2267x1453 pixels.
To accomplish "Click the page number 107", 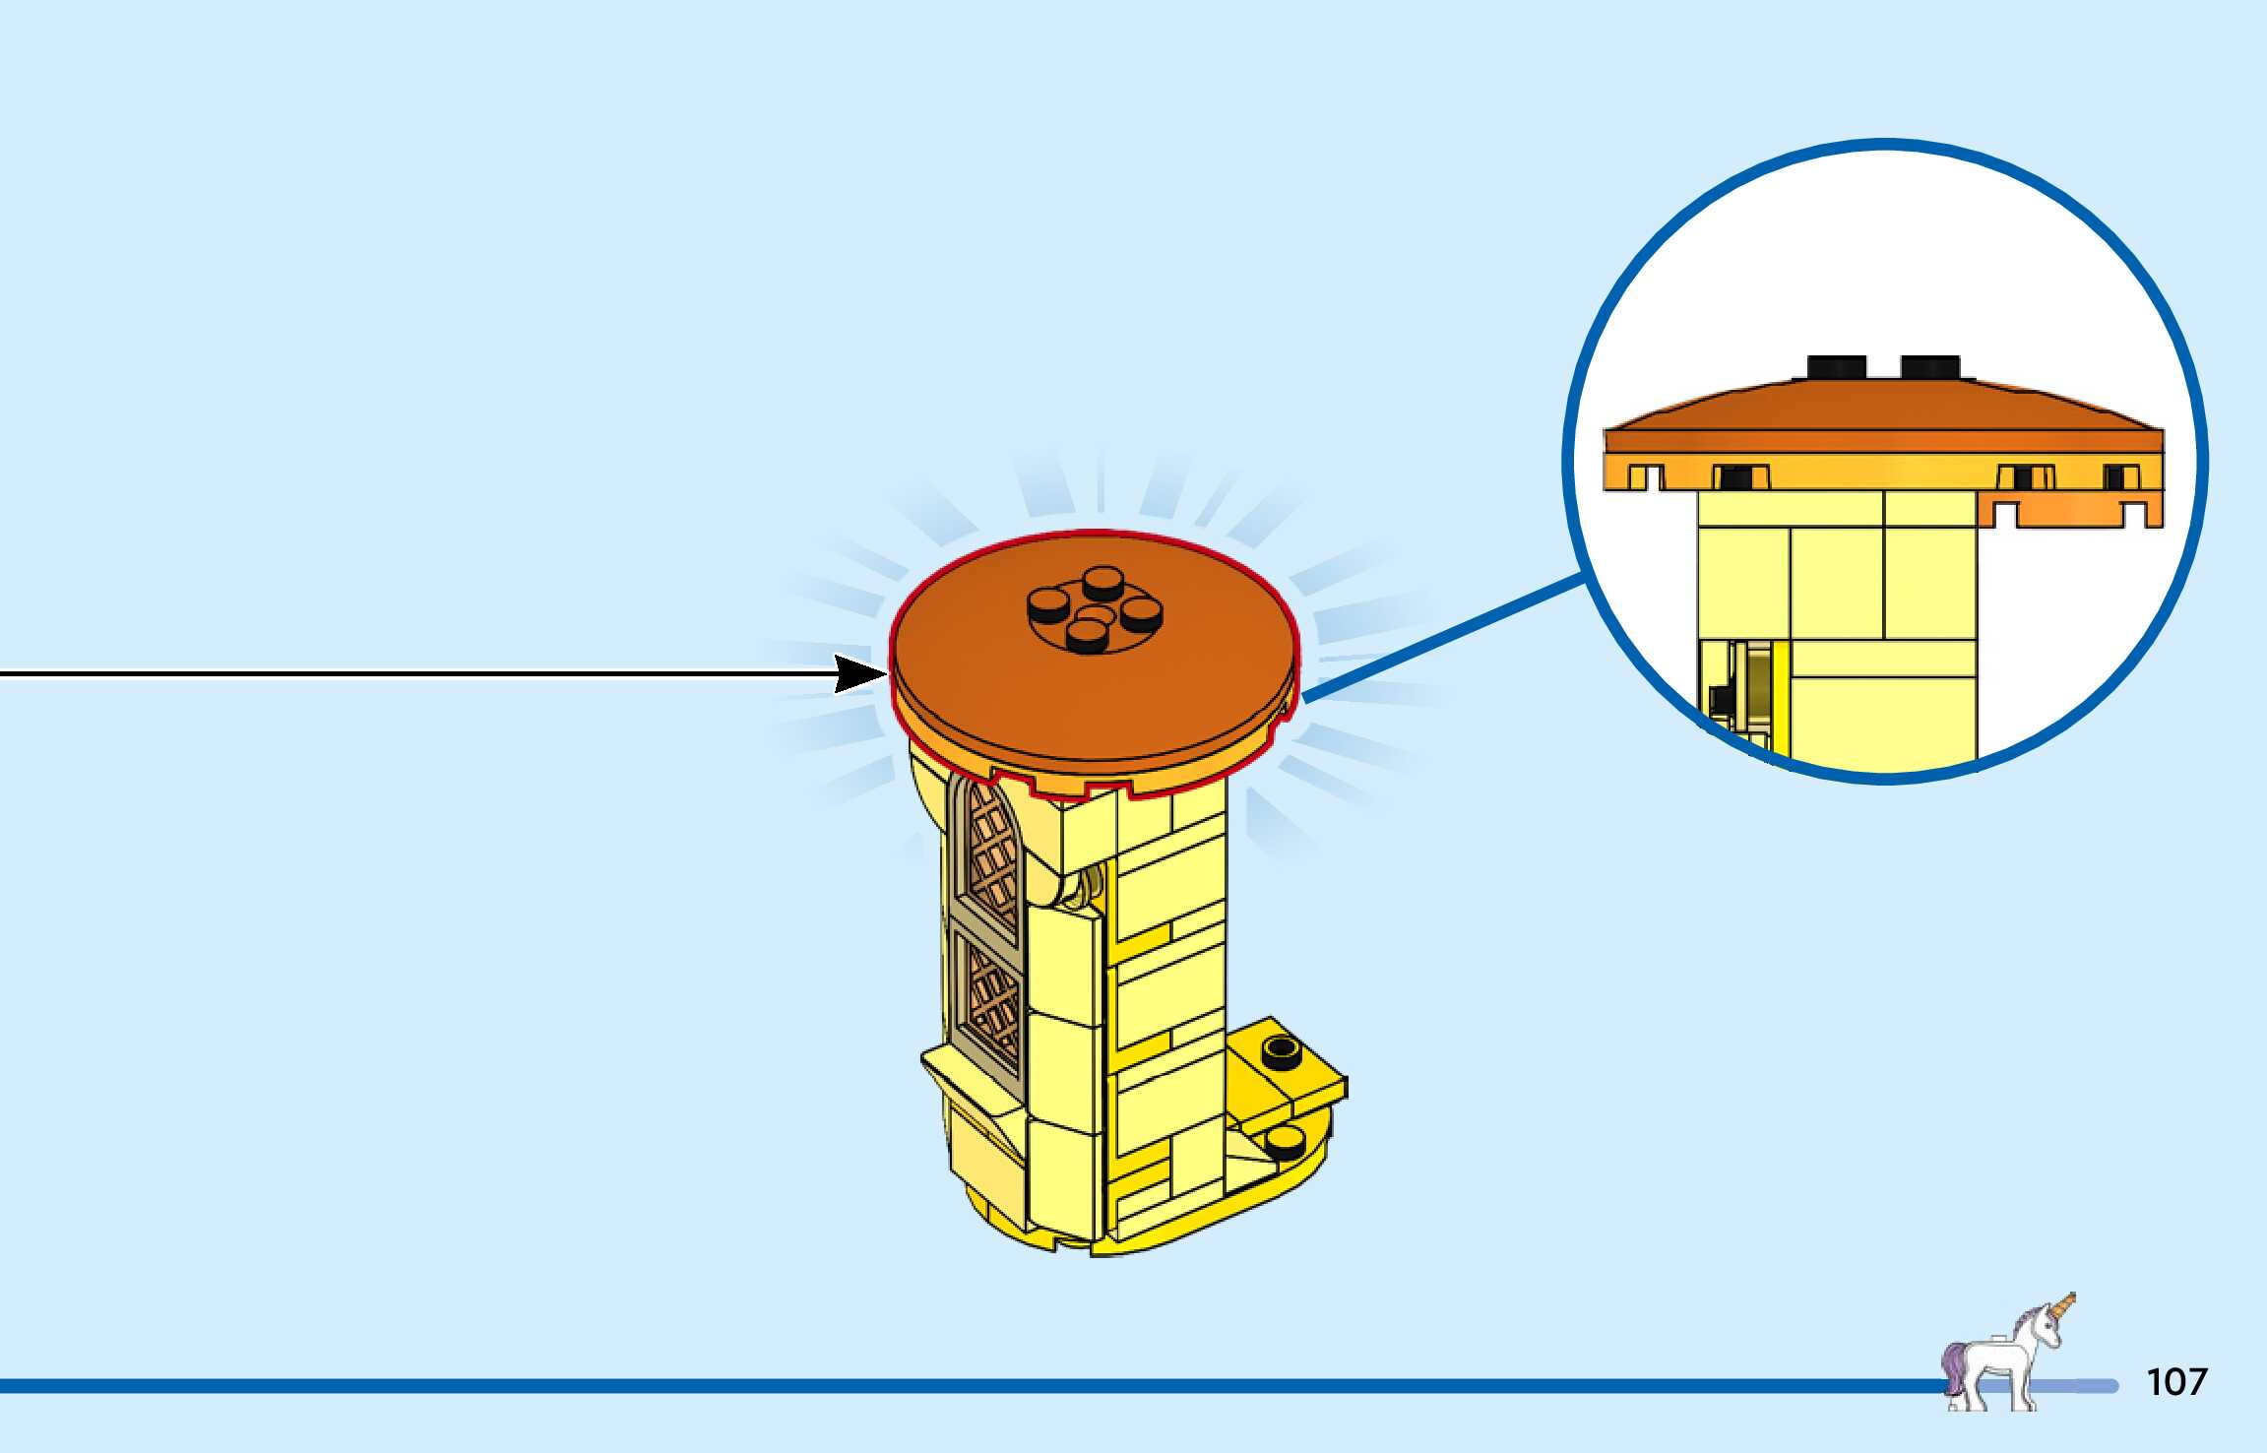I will tap(2176, 1381).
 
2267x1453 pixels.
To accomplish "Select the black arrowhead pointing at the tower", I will tap(858, 674).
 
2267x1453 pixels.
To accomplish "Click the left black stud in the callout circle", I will tap(1837, 367).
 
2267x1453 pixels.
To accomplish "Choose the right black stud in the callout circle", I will tap(1930, 367).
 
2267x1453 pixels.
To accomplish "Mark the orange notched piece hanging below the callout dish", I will tap(2072, 510).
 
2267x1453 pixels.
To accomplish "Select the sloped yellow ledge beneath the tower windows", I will tap(970, 1083).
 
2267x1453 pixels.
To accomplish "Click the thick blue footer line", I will tap(886, 1386).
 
